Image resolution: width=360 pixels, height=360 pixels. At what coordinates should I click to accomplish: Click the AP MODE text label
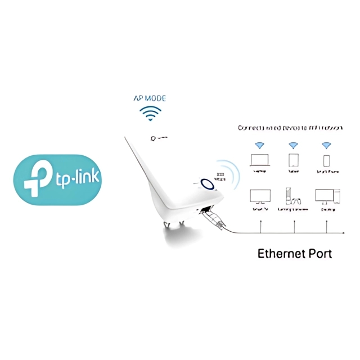[150, 98]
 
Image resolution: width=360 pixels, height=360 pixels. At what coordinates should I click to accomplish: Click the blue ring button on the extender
[208, 184]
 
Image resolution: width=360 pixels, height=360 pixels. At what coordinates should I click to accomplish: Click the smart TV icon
[259, 196]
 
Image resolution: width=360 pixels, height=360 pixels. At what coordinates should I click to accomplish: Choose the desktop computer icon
[326, 196]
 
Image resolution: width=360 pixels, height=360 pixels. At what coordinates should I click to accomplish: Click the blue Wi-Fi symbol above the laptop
[259, 145]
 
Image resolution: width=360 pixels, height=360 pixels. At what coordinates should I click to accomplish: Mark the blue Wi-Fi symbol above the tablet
[293, 145]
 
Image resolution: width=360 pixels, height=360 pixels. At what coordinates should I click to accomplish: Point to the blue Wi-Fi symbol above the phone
[326, 145]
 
